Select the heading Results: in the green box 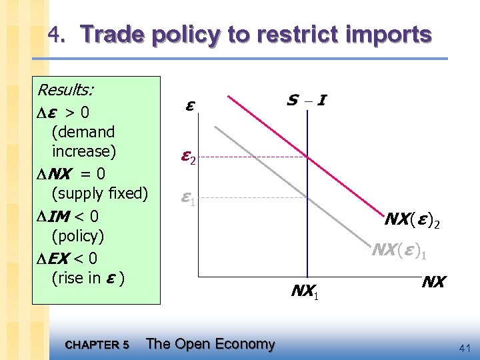pos(66,89)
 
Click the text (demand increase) pos(83,141)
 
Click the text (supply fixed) pos(99,193)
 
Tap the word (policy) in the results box pos(78,235)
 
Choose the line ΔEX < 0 pos(67,257)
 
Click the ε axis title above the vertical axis pos(190,105)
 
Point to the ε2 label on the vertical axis pos(189,158)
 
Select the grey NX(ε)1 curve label pos(399,250)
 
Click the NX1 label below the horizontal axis pos(306,291)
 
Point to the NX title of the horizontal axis pos(433,282)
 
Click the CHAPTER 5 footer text pos(98,345)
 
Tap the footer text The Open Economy pos(210,344)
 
